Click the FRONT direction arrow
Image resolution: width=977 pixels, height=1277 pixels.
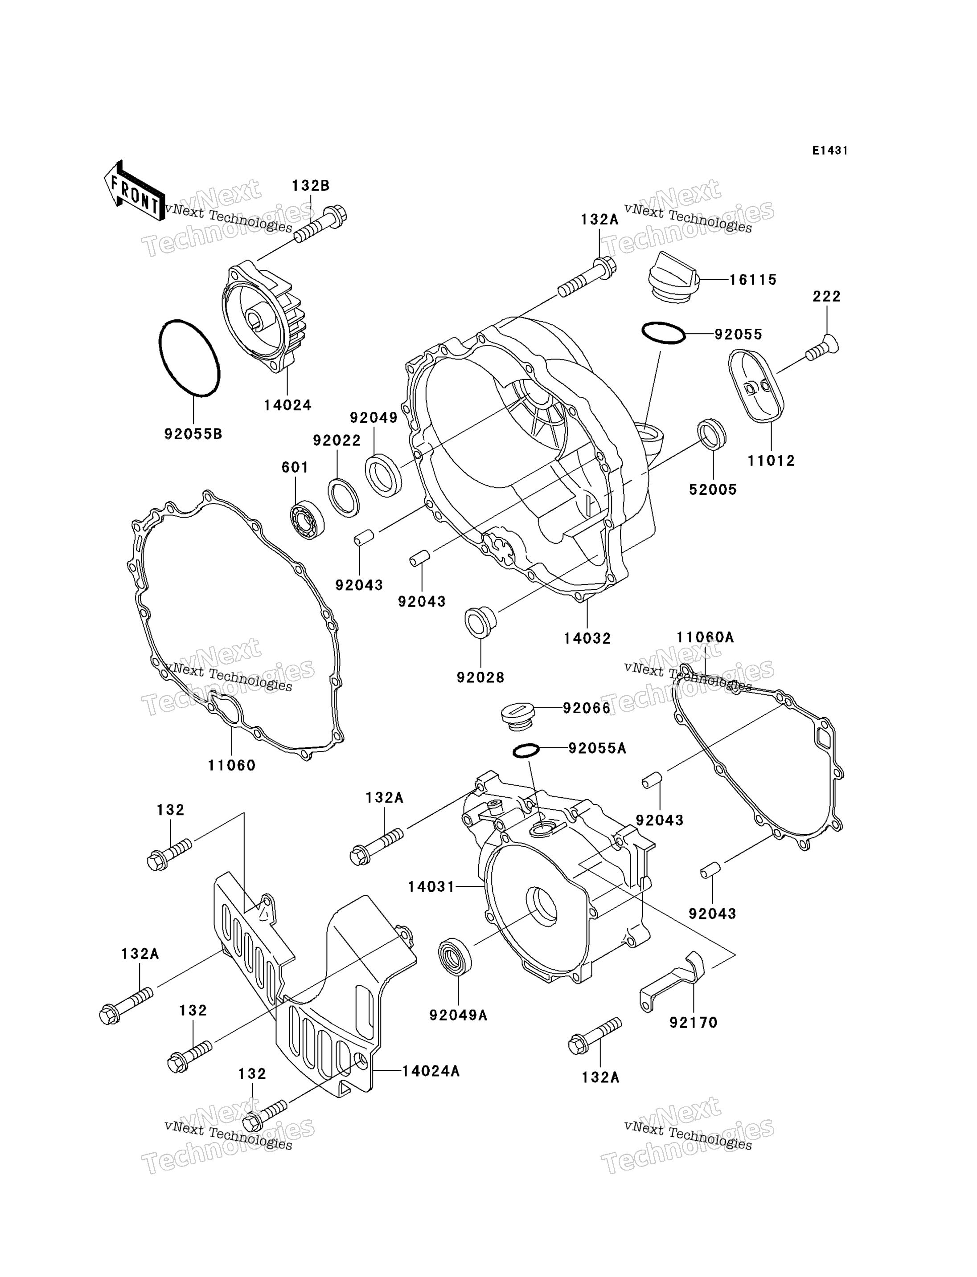(134, 191)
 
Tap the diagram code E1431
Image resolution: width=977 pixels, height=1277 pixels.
(830, 151)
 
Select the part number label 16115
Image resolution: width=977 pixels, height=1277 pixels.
(753, 280)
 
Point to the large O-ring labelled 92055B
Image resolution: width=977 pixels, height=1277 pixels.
(189, 358)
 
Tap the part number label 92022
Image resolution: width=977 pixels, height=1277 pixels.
(337, 441)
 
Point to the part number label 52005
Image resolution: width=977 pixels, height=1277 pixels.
(713, 490)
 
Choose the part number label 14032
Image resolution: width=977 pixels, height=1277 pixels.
(587, 638)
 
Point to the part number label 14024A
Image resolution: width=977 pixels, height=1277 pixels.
(431, 1071)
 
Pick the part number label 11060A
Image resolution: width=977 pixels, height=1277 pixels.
(705, 638)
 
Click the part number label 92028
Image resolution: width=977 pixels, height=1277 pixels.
(480, 677)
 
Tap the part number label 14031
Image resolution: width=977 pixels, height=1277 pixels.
(431, 887)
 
